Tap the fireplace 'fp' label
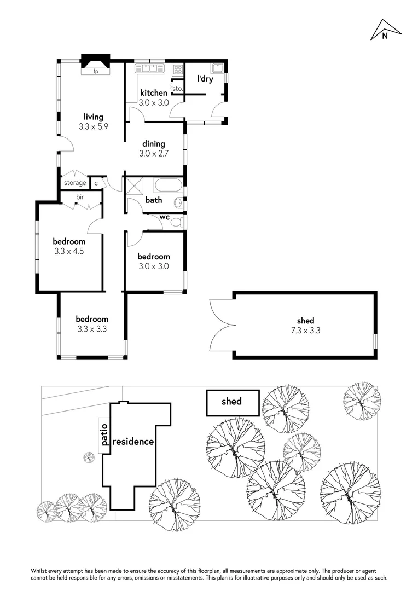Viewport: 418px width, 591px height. click(95, 71)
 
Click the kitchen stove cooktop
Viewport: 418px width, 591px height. click(178, 69)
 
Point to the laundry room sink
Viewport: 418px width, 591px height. click(218, 68)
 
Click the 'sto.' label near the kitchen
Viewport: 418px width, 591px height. click(177, 88)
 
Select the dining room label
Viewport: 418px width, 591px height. click(154, 144)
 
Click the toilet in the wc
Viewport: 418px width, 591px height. click(181, 222)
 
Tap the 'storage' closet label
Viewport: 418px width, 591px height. click(75, 183)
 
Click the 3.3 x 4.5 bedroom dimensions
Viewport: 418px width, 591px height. click(69, 252)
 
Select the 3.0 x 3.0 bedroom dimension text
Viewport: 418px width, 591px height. click(153, 266)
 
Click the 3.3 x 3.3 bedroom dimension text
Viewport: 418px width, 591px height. click(92, 329)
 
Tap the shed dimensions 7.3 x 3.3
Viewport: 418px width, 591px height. click(306, 330)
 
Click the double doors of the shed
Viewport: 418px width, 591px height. click(220, 325)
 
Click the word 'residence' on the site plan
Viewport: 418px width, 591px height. click(133, 442)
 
